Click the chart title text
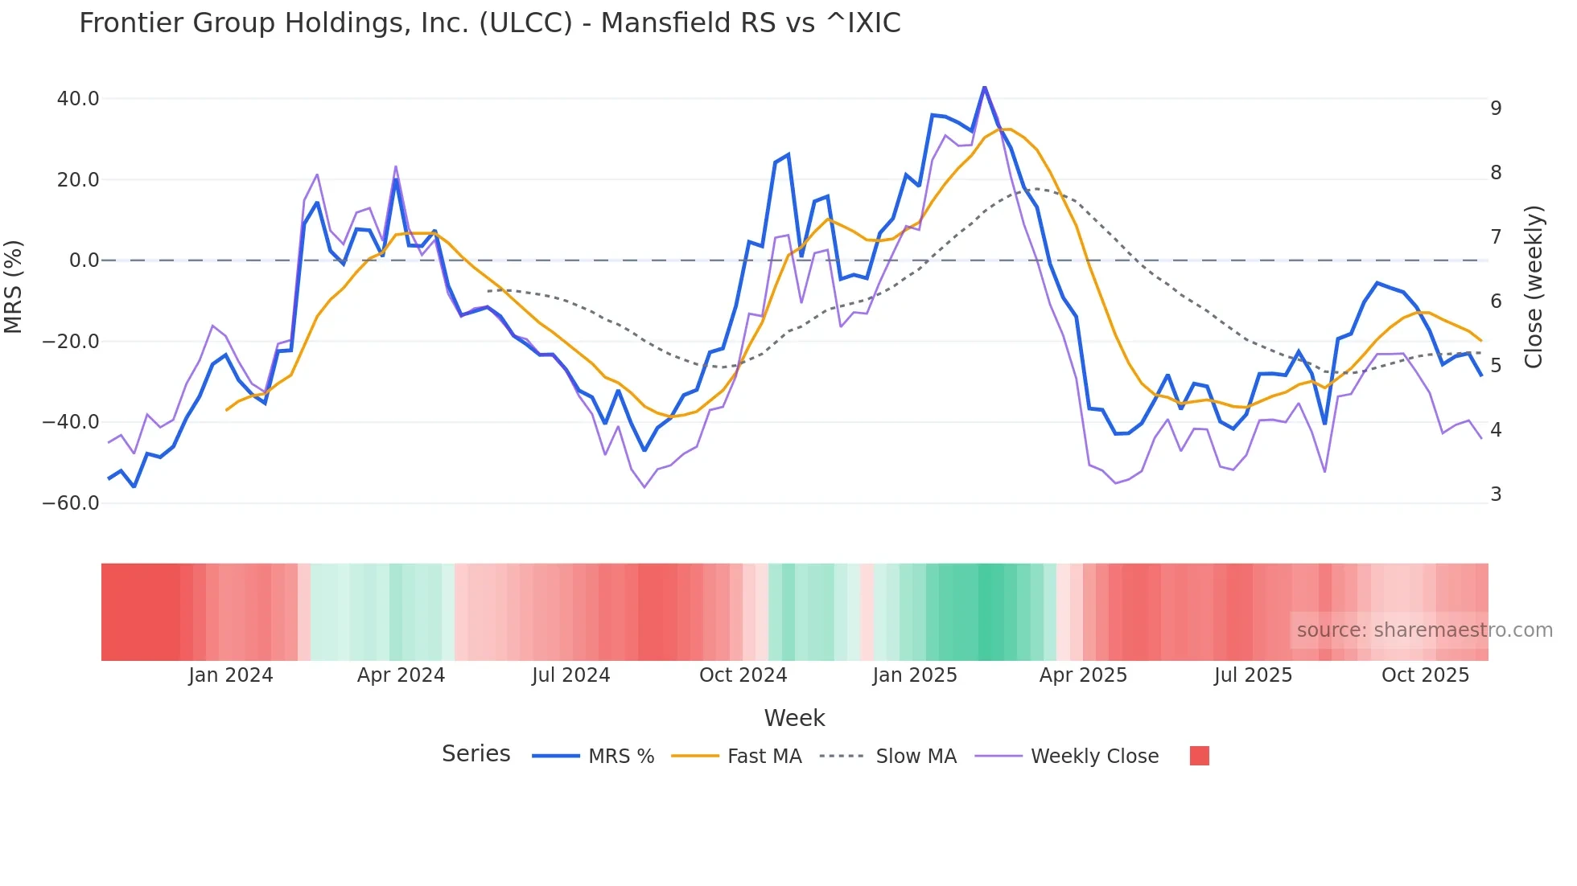pos(489,23)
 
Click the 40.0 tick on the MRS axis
pos(78,99)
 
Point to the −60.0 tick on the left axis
pos(71,503)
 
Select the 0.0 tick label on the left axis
pos(84,260)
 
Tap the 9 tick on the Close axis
pos(1496,109)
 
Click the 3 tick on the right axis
pos(1496,494)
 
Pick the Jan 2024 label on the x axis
pos(231,675)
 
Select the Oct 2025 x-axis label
pos(1425,675)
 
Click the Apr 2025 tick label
pos(1083,675)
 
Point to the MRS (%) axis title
pos(14,286)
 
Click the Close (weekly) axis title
pos(1534,287)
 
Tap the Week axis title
pos(794,718)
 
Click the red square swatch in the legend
pos(1199,756)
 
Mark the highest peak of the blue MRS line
pos(984,88)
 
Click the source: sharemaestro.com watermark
pos(1424,630)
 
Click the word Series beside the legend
pos(476,754)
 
